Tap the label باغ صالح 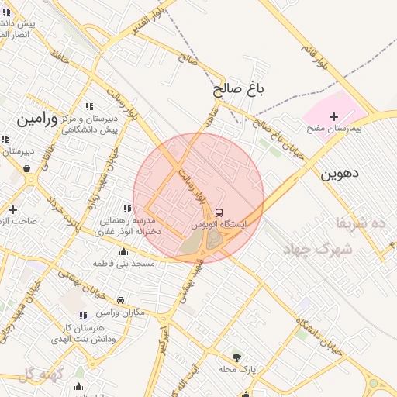point(240,90)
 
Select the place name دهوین point(340,174)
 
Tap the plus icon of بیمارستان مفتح point(333,117)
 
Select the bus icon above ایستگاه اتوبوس point(219,212)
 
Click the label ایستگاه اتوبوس point(219,224)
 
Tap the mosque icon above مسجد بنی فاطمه point(123,252)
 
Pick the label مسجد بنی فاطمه point(125,264)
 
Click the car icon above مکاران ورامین point(120,301)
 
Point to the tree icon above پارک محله point(236,357)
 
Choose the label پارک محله point(236,369)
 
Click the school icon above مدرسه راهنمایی point(126,209)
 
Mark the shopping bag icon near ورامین point(28,168)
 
